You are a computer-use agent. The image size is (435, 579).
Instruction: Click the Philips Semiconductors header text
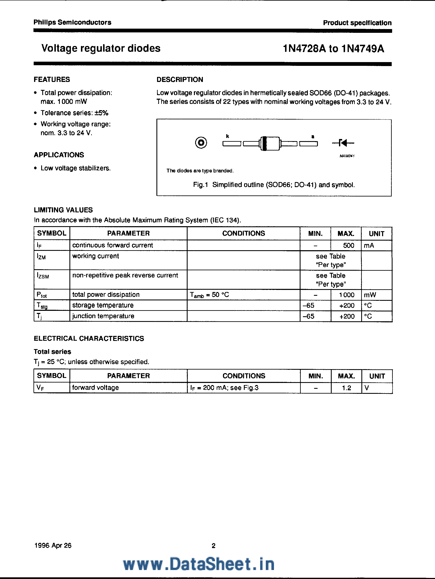pos(72,23)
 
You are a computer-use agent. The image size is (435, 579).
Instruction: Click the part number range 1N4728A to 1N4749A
pos(333,49)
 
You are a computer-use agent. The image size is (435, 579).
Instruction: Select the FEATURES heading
pos(52,80)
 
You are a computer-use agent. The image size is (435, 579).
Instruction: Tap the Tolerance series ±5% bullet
pos(74,113)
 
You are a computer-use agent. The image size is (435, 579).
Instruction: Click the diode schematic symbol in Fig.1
pos(343,143)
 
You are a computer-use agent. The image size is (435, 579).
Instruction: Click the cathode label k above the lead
pos(227,136)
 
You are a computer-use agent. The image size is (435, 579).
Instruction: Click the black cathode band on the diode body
pos(265,143)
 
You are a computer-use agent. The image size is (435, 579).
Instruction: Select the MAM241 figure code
pos(347,156)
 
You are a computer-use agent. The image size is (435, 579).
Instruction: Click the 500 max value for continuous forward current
pos(348,246)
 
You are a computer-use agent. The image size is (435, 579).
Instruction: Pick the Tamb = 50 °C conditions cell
pos(209,295)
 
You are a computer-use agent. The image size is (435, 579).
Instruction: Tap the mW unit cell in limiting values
pos(370,295)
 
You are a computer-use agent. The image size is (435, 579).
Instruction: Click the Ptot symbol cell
pos(42,295)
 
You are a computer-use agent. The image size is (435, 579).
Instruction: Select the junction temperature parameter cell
pos(103,316)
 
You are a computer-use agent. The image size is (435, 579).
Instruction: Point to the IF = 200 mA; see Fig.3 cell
pos(224,388)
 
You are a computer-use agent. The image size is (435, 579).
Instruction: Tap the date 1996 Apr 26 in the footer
pos(53,546)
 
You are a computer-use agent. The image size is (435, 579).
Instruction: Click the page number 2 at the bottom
pos(214,546)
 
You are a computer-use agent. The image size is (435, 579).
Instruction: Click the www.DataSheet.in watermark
pos(199,564)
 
